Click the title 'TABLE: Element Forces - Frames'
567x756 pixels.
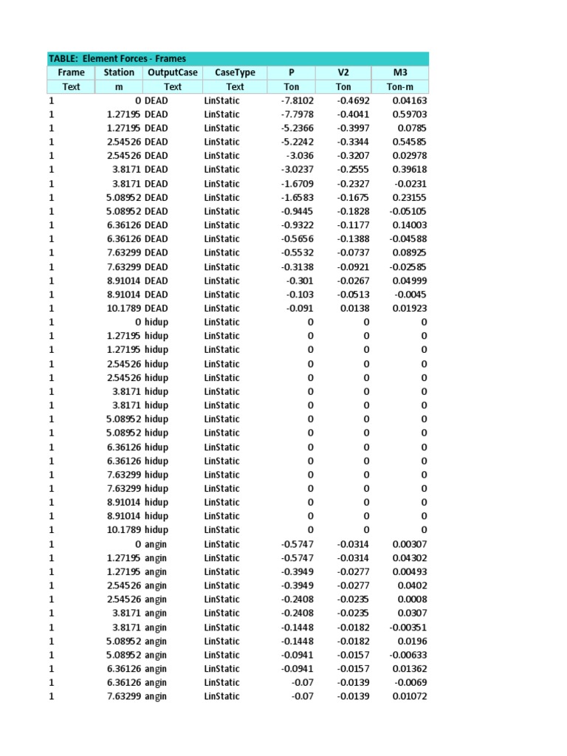point(117,58)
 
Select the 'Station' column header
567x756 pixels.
point(119,72)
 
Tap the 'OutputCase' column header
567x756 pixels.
point(173,72)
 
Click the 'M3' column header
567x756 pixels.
point(400,72)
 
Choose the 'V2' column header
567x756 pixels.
point(343,72)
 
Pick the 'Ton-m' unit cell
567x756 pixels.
point(400,86)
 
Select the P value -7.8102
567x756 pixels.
point(298,100)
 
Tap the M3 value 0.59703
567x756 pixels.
point(409,114)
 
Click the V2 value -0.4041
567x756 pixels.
point(354,114)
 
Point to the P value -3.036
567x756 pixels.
point(300,156)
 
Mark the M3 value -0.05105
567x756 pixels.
point(407,211)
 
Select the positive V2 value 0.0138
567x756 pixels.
point(356,308)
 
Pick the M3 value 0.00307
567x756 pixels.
point(409,544)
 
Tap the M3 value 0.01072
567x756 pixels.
point(409,696)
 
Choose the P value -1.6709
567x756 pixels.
point(298,184)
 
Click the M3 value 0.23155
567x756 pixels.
point(409,197)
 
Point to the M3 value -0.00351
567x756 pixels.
point(407,627)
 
